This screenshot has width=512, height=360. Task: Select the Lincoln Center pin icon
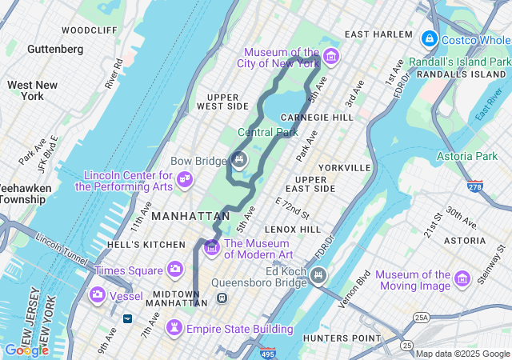pyautogui.click(x=185, y=177)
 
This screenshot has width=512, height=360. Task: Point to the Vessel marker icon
pyautogui.click(x=98, y=295)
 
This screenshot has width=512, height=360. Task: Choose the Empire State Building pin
pyautogui.click(x=174, y=328)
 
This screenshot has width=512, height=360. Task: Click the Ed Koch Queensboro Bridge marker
pyautogui.click(x=318, y=276)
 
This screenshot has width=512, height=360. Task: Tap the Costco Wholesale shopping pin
pyautogui.click(x=430, y=38)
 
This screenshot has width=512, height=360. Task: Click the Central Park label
pyautogui.click(x=268, y=132)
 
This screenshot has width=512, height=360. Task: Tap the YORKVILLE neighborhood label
pyautogui.click(x=345, y=167)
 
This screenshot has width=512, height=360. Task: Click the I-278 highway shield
pyautogui.click(x=475, y=186)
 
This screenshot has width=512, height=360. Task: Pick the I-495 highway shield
pyautogui.click(x=267, y=353)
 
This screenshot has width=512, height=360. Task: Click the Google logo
pyautogui.click(x=26, y=350)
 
